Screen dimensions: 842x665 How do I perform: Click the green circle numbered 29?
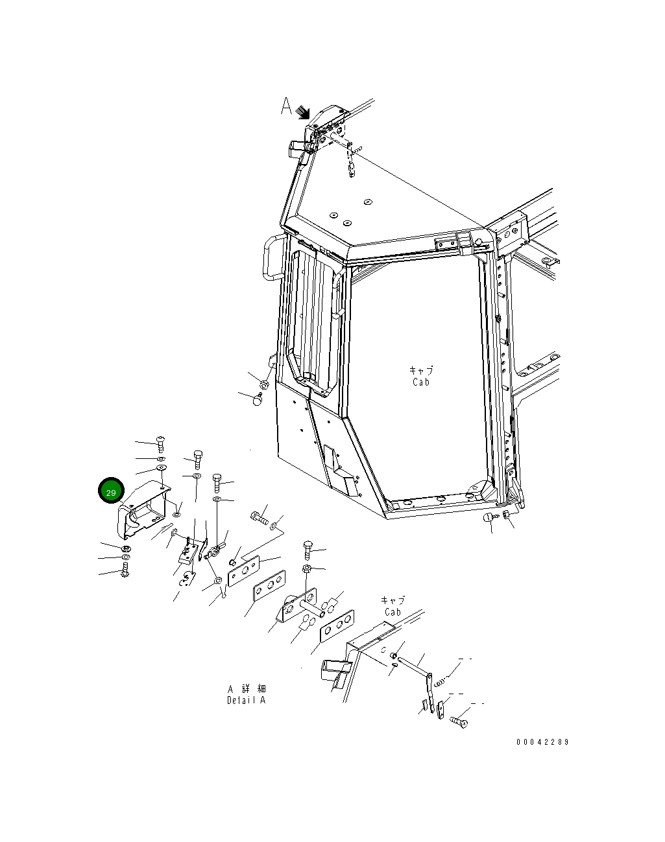(110, 492)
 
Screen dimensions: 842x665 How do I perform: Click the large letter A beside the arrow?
(287, 106)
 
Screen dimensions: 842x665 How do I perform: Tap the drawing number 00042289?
(542, 742)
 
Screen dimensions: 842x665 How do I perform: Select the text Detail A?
(246, 701)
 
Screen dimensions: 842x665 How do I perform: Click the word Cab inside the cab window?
(421, 382)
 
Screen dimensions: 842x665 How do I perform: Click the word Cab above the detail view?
(393, 612)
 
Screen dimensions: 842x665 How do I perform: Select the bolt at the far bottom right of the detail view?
(460, 719)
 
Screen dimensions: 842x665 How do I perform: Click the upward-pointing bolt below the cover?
(125, 571)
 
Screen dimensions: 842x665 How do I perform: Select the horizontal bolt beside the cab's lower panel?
(259, 517)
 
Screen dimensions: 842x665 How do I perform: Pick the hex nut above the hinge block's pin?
(307, 569)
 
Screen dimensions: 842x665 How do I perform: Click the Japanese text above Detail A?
(246, 688)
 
